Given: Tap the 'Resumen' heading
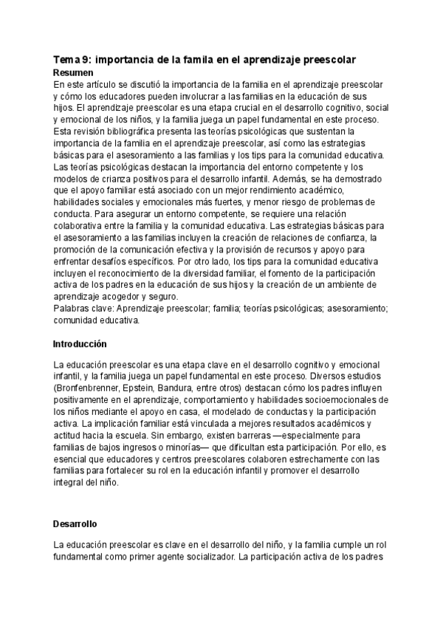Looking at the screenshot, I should point(74,73).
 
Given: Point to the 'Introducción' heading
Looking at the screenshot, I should point(80,344).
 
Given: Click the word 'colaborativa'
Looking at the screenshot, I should point(80,227).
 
